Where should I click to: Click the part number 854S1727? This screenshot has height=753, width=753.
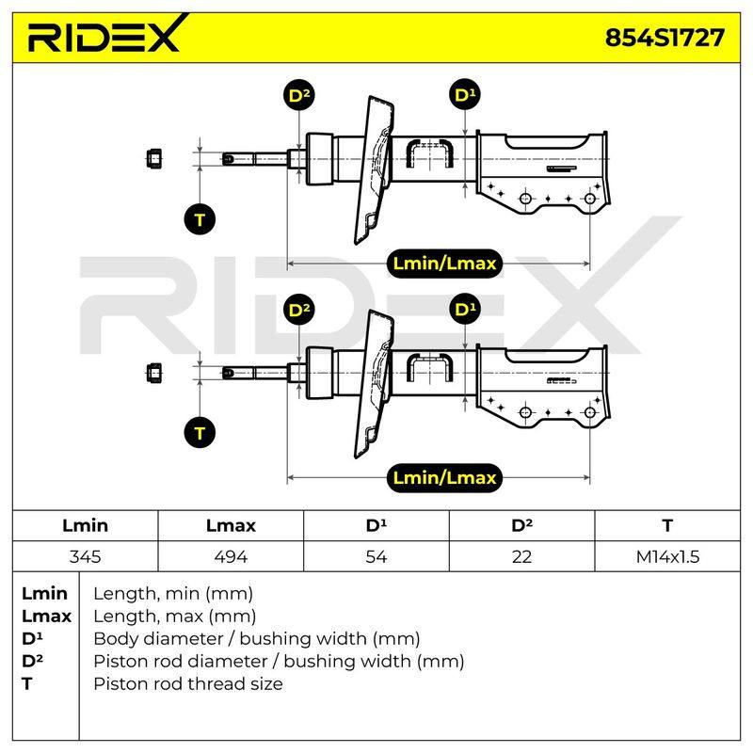[x=665, y=38]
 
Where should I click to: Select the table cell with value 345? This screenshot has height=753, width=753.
[x=85, y=556]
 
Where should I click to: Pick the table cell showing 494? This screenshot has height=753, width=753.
[x=231, y=556]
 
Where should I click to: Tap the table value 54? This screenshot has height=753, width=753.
[x=376, y=556]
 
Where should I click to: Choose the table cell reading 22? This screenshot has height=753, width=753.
[x=521, y=556]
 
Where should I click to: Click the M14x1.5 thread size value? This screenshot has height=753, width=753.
[x=667, y=556]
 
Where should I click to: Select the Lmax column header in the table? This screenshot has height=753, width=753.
[x=231, y=525]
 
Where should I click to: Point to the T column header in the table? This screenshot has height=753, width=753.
[x=667, y=525]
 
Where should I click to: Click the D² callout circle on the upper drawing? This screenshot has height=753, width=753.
[x=299, y=95]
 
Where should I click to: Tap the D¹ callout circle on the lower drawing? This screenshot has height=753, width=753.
[x=465, y=309]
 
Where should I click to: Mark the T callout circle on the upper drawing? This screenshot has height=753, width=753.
[x=200, y=219]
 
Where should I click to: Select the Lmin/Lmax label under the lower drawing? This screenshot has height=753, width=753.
[x=444, y=477]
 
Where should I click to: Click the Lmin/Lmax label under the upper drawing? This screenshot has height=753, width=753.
[x=444, y=264]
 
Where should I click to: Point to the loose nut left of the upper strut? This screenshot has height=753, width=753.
[x=153, y=158]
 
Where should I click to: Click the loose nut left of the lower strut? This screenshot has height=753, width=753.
[x=153, y=373]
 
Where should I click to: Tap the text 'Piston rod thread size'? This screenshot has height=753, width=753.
[x=187, y=683]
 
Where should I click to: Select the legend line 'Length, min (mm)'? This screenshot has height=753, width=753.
[x=173, y=594]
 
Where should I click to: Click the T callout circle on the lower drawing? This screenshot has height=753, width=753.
[x=200, y=433]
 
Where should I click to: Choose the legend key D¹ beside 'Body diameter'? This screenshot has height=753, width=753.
[x=32, y=638]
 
